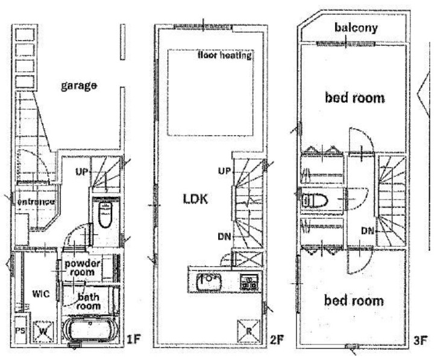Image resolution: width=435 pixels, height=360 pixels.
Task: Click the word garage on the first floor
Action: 79,85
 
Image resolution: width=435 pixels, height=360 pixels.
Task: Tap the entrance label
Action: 36,202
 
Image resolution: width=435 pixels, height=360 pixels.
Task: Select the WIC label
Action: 41,294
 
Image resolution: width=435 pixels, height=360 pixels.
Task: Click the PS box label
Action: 20,331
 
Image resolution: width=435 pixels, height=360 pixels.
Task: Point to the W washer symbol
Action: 43,331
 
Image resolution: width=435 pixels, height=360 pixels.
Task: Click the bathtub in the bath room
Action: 90,330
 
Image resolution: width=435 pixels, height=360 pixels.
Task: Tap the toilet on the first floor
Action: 105,214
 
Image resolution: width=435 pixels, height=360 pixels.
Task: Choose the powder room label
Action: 82,267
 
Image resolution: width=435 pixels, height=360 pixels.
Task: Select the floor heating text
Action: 225,55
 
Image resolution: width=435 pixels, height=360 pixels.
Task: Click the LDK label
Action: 195,199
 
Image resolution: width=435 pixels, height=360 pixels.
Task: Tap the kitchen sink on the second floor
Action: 209,282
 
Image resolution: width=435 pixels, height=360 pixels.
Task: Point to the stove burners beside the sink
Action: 249,281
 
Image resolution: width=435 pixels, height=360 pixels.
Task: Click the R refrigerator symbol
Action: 249,331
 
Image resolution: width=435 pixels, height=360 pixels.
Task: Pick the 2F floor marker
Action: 277,340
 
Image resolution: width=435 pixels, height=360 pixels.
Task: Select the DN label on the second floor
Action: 224,237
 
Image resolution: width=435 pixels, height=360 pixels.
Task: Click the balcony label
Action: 356,28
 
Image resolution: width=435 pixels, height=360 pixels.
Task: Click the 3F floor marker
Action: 420,340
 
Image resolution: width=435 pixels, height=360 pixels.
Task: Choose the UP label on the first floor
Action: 81,172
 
